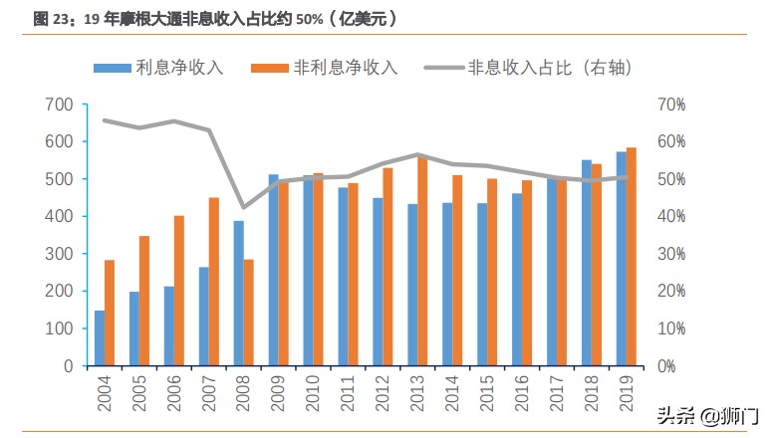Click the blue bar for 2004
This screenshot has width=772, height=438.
100,338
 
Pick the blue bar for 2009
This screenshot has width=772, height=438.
273,270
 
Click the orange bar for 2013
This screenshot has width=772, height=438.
422,262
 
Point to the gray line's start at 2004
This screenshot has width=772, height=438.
105,119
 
